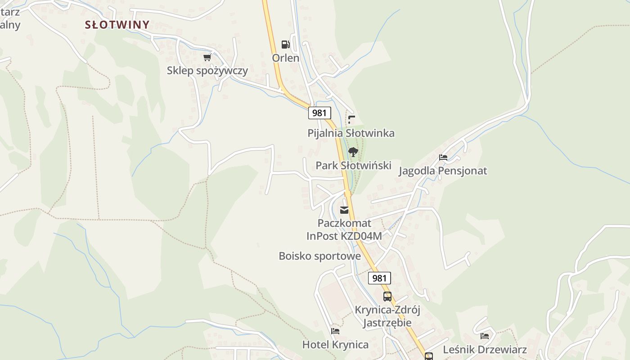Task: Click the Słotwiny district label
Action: [x=117, y=25]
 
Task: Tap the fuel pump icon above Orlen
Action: [x=285, y=44]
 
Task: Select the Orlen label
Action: [x=285, y=58]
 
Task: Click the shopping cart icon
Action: [x=207, y=57]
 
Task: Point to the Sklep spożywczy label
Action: [x=207, y=71]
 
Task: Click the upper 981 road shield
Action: [x=319, y=112]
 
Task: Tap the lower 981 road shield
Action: [x=379, y=278]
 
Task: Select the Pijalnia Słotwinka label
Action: [x=351, y=133]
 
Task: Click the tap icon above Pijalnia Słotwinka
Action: [x=351, y=120]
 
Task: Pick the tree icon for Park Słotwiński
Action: [x=353, y=152]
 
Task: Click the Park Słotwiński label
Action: [x=353, y=166]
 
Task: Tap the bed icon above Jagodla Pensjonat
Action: [x=443, y=157]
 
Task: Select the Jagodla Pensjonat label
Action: [x=443, y=171]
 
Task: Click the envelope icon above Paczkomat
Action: [x=344, y=210]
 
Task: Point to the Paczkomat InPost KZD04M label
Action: [x=344, y=229]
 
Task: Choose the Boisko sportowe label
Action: [x=319, y=256]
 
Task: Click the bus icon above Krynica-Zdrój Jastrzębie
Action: [x=387, y=297]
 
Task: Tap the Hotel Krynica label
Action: [x=335, y=345]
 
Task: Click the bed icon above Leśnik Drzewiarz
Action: [x=485, y=336]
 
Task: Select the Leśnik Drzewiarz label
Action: [x=485, y=350]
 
